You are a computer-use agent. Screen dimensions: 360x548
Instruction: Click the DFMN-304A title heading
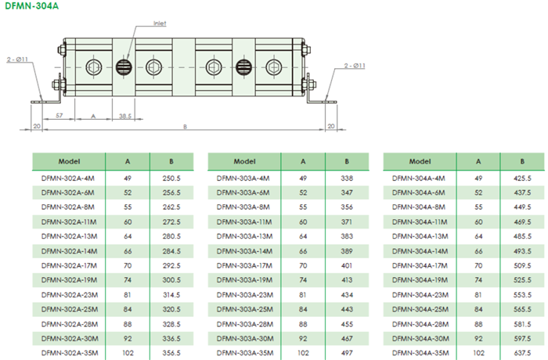(30, 6)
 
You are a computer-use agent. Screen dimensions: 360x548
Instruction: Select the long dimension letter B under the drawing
(185, 126)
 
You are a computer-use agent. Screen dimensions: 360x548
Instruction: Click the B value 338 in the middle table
(347, 178)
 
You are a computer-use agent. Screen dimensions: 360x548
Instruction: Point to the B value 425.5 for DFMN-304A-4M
(522, 178)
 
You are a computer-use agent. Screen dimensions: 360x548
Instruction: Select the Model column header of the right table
(420, 161)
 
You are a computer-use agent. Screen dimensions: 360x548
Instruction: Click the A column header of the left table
(128, 161)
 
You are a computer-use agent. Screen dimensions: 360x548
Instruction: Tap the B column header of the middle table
(347, 161)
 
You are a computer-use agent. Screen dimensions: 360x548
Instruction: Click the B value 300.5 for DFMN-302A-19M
(171, 279)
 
